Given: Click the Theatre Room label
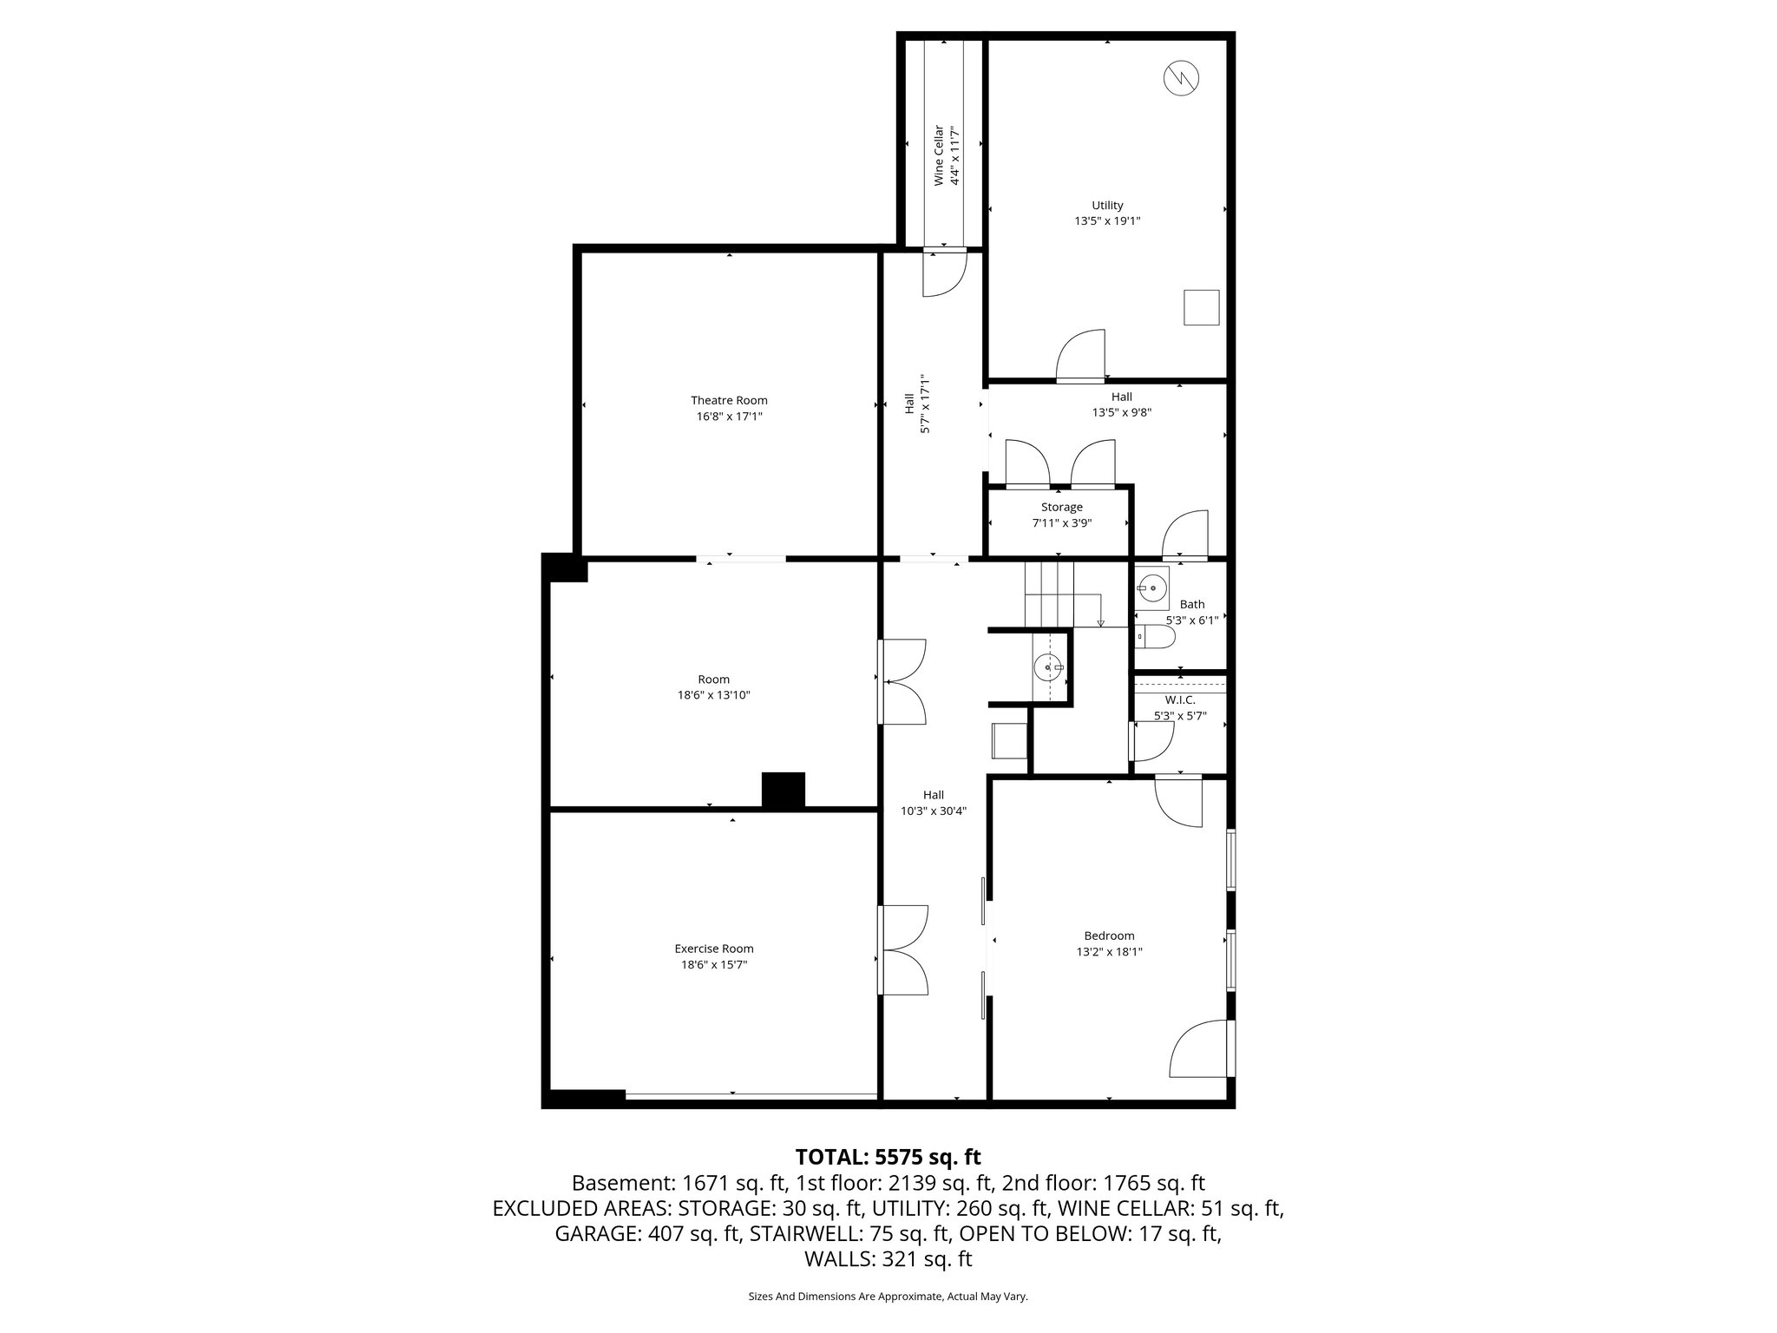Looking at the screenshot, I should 729,400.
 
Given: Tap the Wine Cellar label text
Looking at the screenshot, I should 938,156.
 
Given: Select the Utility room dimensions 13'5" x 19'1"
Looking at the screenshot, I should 1107,221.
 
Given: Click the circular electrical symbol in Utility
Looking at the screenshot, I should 1181,78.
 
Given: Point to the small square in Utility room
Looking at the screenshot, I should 1202,307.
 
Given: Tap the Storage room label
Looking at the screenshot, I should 1062,507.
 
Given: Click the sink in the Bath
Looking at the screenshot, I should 1152,588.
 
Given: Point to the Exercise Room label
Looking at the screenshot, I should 714,949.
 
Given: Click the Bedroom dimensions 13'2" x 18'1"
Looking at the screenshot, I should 1109,951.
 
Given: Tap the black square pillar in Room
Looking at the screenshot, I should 784,791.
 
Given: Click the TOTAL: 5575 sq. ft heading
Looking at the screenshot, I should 888,1157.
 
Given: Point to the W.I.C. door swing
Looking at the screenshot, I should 1152,742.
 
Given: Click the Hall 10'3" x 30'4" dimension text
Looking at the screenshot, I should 934,811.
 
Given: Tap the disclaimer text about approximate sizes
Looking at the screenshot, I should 888,1297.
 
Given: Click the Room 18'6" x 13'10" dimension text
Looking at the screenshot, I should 714,695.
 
